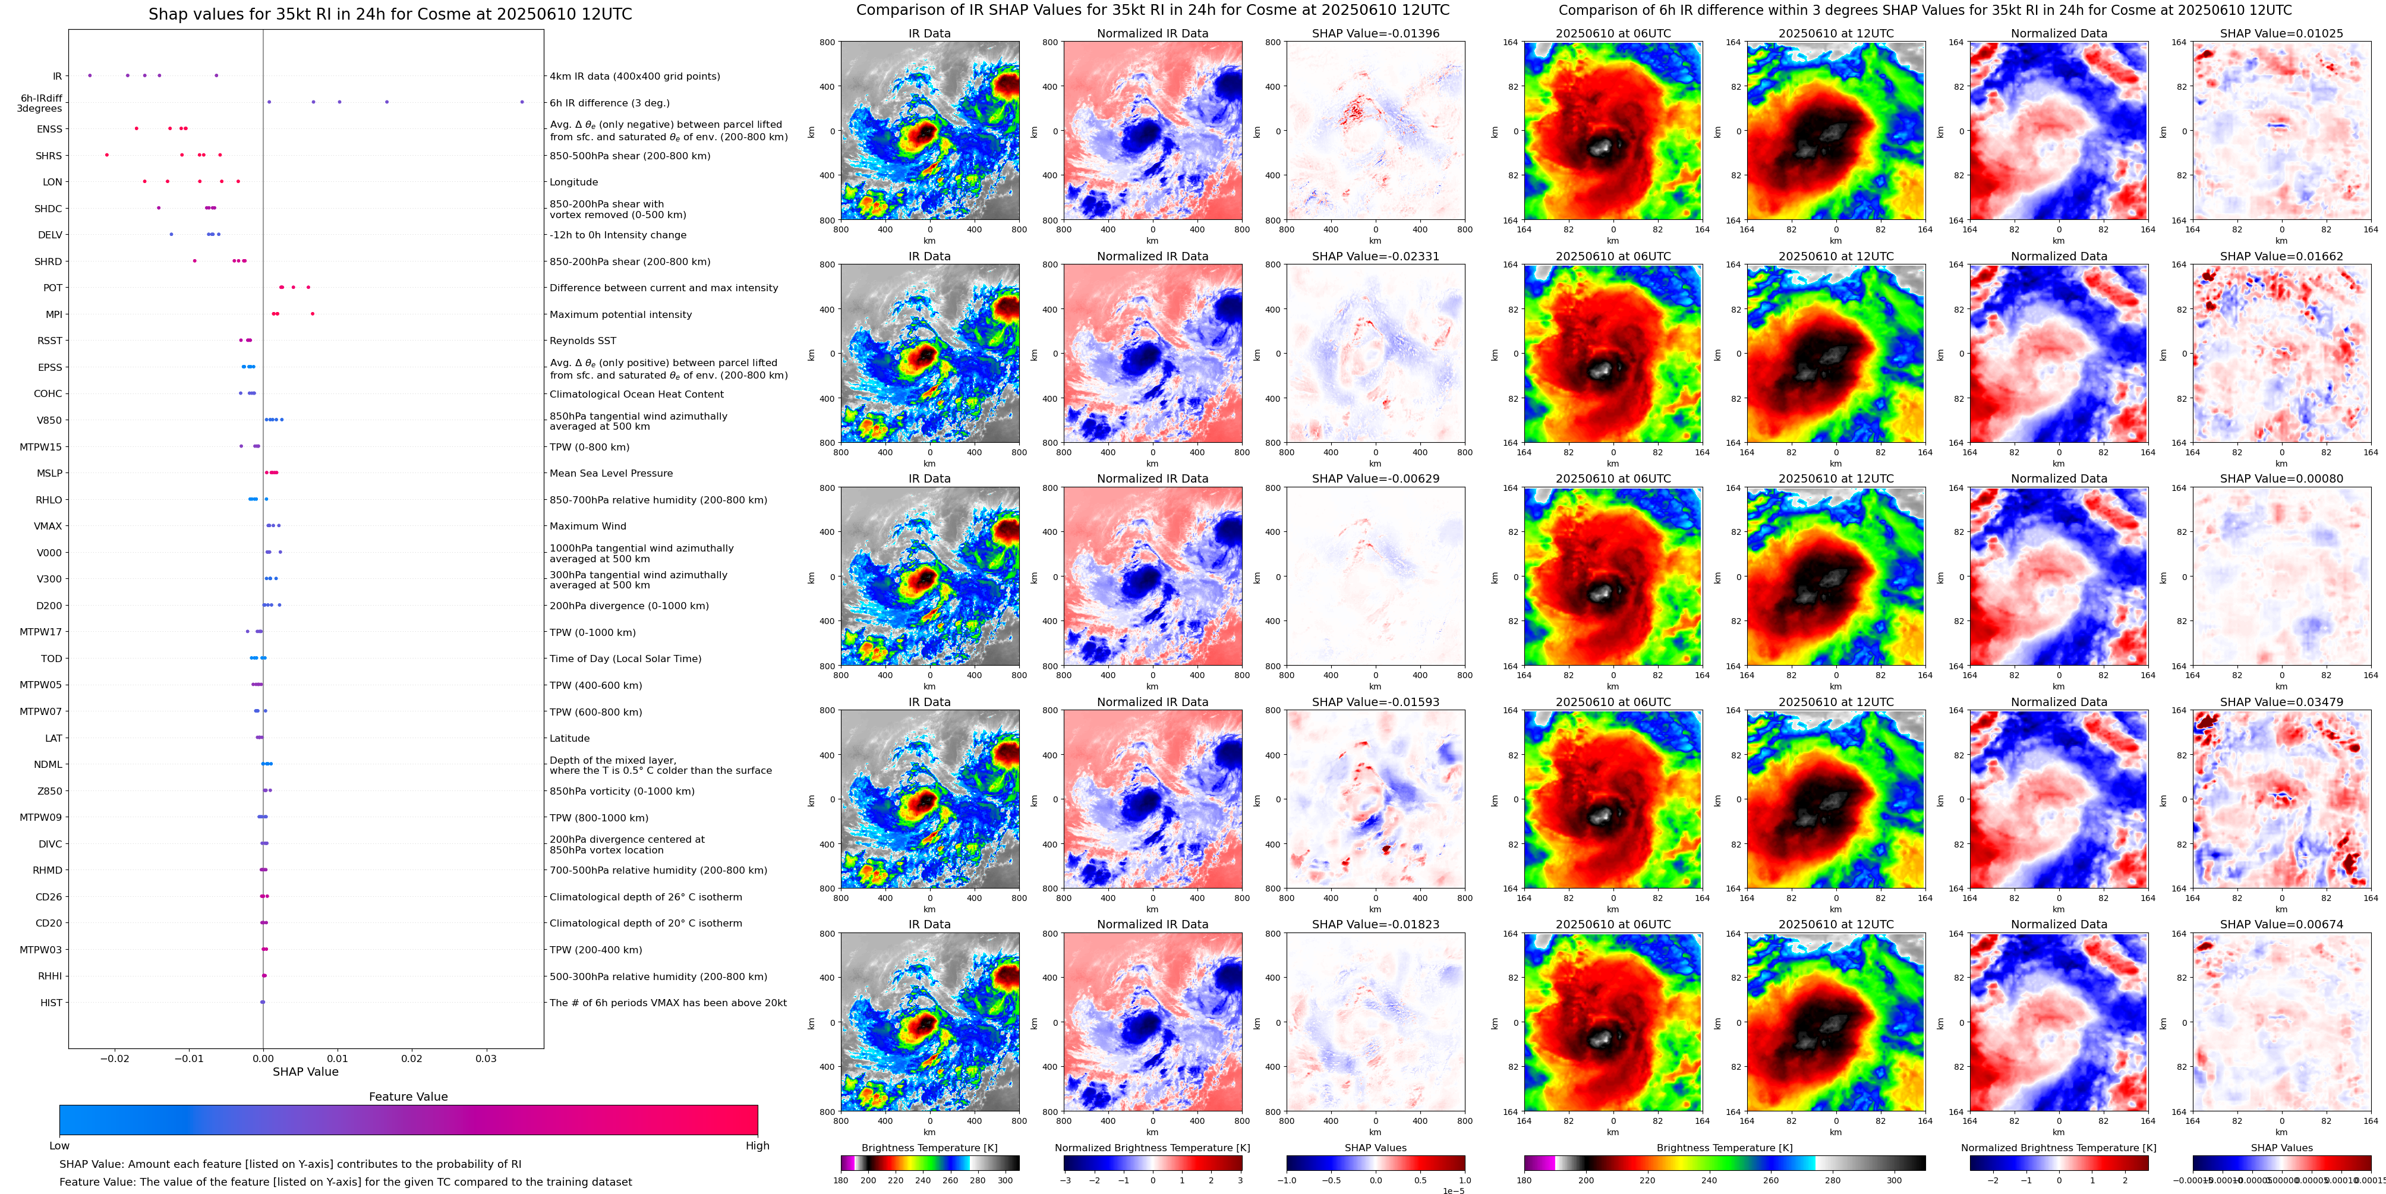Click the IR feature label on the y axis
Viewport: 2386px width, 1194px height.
[x=56, y=76]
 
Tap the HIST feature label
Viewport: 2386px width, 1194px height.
[x=51, y=1002]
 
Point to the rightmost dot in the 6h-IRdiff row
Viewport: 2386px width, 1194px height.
[x=522, y=102]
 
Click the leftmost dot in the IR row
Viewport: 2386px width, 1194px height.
[x=90, y=75]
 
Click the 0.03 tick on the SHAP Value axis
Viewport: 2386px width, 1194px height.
[x=486, y=1058]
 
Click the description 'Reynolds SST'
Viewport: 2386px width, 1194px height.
[x=582, y=341]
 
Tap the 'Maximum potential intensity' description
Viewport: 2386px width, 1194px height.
[x=620, y=315]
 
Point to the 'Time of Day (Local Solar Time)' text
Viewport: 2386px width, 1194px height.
[x=625, y=659]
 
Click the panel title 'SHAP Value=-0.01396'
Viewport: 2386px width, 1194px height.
[x=1376, y=33]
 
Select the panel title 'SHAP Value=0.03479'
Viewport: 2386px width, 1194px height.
[x=2281, y=702]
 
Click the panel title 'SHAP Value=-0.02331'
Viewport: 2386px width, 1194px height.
[x=1376, y=257]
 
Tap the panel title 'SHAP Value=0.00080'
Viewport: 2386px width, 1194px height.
[x=2281, y=479]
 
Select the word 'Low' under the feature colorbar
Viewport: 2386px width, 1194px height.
[x=59, y=1146]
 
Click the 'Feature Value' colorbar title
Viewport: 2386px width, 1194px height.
[x=408, y=1097]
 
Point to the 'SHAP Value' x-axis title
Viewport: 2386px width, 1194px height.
[x=305, y=1072]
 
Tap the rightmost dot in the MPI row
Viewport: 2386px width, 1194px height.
[x=312, y=314]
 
